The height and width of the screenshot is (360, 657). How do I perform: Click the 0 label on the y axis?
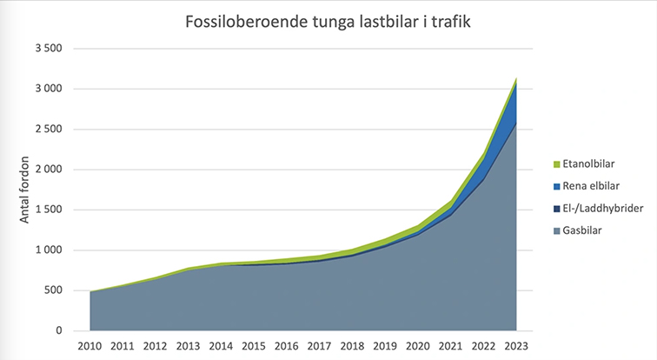(58, 331)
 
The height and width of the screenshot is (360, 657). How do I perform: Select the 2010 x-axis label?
(90, 348)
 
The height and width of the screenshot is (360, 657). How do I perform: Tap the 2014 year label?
(221, 348)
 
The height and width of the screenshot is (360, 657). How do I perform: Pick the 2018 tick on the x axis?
(352, 348)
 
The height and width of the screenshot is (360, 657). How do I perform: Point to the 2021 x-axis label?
(450, 348)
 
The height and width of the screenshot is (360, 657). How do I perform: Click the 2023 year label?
(516, 348)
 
